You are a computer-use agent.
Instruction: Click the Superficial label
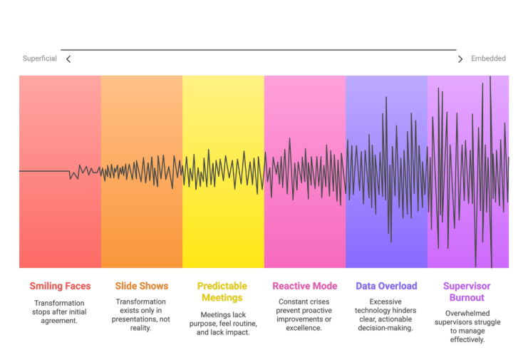[39, 58]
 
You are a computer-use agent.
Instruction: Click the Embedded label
[488, 58]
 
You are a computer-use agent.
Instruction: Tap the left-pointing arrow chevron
[68, 59]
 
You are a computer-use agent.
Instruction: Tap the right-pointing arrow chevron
[460, 59]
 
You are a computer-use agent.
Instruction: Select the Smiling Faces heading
[60, 286]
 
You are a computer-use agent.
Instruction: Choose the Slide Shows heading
[141, 286]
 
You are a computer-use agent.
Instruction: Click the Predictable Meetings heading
[222, 292]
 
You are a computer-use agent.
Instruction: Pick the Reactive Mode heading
[304, 286]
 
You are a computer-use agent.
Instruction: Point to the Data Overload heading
[386, 286]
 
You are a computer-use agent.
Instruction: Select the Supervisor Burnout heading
[467, 292]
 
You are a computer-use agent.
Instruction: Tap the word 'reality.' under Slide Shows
[141, 328]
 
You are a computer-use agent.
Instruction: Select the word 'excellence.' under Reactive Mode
[304, 328]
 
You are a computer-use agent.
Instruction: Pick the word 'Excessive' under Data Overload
[386, 302]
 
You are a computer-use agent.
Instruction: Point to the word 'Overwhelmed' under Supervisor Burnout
[467, 314]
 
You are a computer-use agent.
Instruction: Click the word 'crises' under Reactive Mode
[318, 302]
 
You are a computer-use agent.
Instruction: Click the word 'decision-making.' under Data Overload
[386, 328]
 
